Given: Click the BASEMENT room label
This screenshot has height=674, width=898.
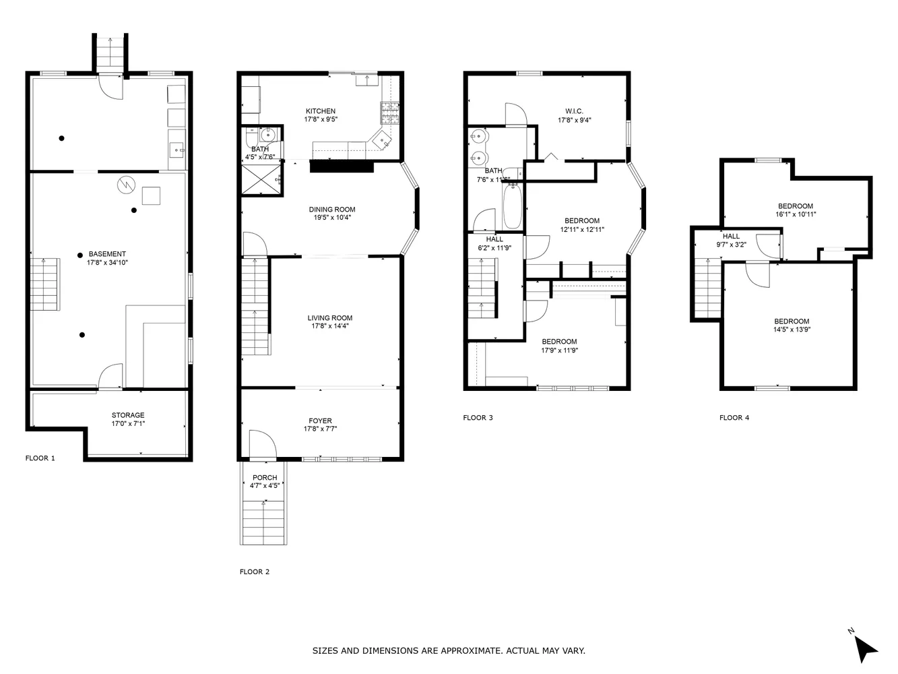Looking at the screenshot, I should [107, 254].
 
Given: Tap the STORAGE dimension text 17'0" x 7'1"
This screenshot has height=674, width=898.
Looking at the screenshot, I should [128, 424].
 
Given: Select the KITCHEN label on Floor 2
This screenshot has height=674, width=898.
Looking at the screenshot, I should [320, 111].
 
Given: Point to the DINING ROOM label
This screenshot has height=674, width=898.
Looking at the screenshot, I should [332, 210].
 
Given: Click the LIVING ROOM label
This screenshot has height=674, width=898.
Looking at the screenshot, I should [330, 318].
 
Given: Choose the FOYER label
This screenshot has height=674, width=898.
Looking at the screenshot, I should [320, 421].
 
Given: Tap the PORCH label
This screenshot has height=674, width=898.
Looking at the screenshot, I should [265, 478].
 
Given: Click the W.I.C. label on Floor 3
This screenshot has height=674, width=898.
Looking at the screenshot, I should [574, 111].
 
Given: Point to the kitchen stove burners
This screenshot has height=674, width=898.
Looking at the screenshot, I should [389, 113].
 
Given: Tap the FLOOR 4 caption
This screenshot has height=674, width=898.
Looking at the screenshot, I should [734, 418].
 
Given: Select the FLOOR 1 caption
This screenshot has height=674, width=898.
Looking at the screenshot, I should [40, 458].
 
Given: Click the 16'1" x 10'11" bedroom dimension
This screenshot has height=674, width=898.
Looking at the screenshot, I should [795, 214].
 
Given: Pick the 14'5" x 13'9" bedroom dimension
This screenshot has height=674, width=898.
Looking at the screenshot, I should [792, 330].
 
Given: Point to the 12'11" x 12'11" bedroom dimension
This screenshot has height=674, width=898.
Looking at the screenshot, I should [582, 229].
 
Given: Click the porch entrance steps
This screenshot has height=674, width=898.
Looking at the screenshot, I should [264, 523].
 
